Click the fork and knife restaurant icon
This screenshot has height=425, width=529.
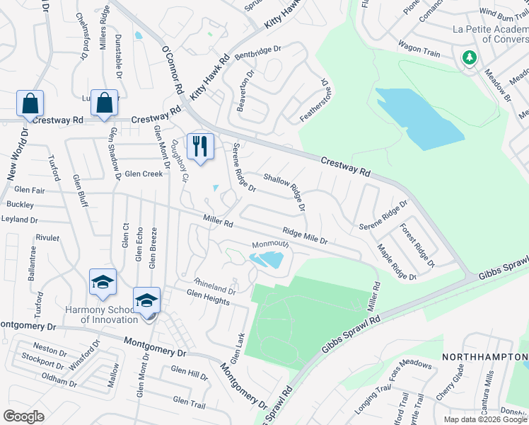pyautogui.click(x=200, y=147)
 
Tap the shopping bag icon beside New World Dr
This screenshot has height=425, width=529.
pyautogui.click(x=30, y=104)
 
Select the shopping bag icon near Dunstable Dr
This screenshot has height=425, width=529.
pyautogui.click(x=105, y=103)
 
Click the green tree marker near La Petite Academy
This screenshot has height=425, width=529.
pyautogui.click(x=468, y=57)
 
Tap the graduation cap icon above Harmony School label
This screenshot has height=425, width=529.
pyautogui.click(x=103, y=283)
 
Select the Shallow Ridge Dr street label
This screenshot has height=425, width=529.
pyautogui.click(x=285, y=192)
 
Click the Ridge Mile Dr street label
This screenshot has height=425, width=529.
pyautogui.click(x=305, y=236)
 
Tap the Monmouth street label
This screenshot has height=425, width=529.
pyautogui.click(x=270, y=244)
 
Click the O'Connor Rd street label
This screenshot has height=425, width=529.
pyautogui.click(x=173, y=71)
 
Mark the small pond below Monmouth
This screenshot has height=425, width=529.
pyautogui.click(x=266, y=261)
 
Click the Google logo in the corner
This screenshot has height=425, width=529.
pyautogui.click(x=23, y=416)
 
